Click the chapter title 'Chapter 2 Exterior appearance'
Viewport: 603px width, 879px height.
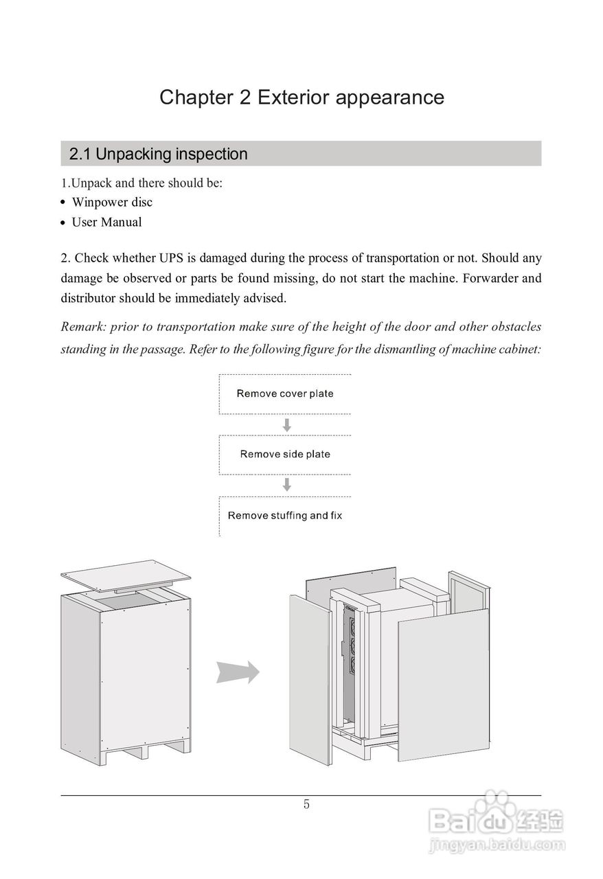(301, 97)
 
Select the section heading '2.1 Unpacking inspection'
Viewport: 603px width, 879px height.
(158, 154)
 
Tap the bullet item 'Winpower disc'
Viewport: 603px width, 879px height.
(112, 202)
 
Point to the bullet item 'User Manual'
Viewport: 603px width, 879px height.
(106, 222)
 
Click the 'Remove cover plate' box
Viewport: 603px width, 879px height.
(285, 393)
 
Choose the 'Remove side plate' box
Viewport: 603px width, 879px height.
(285, 454)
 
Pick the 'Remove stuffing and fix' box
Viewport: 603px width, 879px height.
(285, 515)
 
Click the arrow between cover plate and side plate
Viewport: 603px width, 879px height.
(287, 424)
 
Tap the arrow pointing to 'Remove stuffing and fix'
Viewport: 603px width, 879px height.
(287, 485)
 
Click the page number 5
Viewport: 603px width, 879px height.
(306, 804)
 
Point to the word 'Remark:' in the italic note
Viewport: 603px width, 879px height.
(82, 326)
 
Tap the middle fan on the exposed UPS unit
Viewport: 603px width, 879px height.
(354, 646)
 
